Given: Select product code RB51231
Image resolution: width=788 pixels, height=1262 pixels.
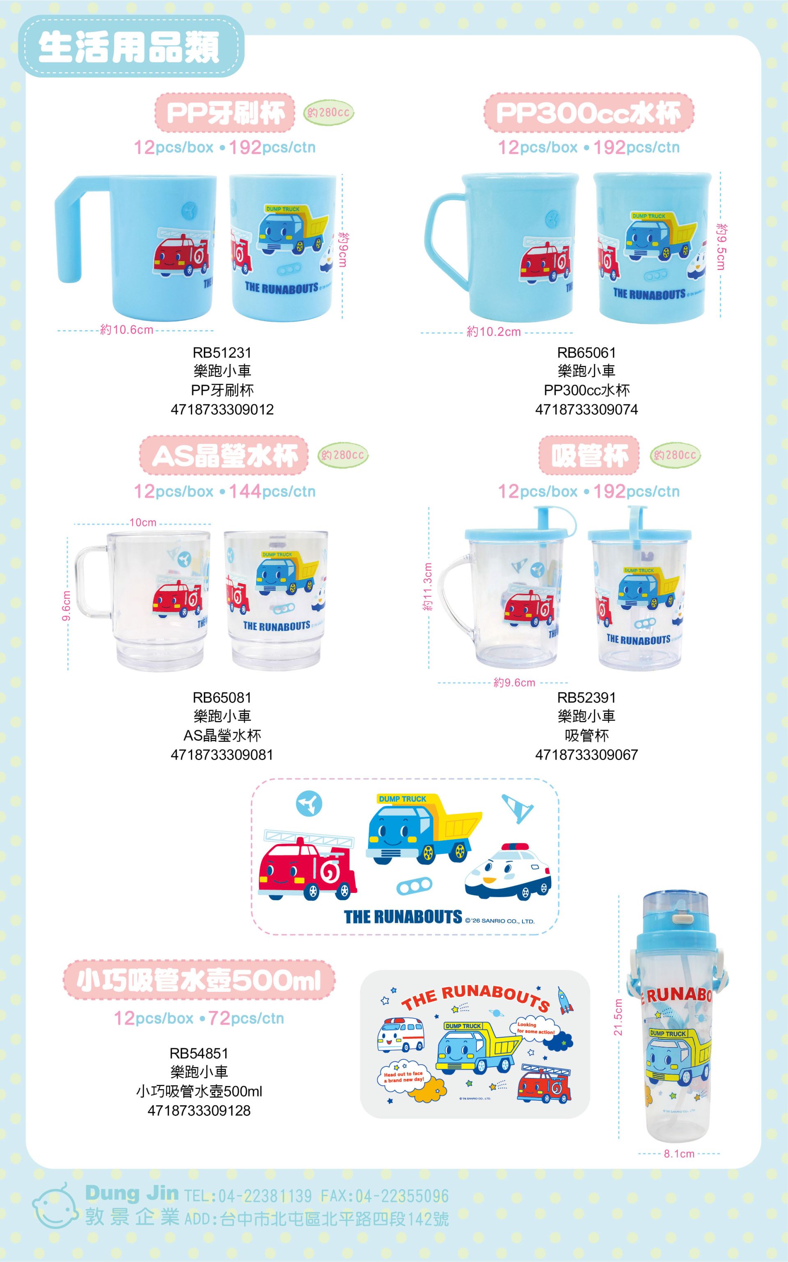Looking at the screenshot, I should [222, 353].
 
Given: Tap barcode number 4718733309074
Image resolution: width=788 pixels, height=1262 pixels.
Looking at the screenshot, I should [586, 409].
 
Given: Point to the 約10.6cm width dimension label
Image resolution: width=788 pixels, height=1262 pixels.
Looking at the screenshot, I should [127, 330].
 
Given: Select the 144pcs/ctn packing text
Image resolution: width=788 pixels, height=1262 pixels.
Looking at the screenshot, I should [272, 491].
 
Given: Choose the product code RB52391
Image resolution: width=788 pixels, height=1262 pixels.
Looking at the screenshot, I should [586, 697].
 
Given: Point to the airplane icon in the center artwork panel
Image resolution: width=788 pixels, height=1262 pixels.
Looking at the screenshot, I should [309, 803].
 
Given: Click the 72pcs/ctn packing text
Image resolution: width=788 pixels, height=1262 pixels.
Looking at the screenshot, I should [246, 1018].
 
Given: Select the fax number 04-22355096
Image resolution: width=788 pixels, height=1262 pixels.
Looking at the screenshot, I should [385, 1196].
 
